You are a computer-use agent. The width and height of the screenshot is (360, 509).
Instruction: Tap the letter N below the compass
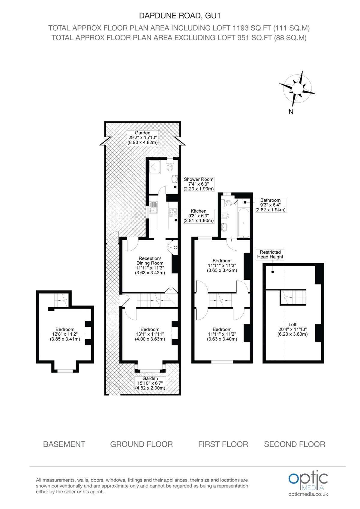point(291,112)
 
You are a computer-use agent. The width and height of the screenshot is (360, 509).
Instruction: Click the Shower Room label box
point(198,184)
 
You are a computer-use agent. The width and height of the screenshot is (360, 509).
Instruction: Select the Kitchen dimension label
point(198,216)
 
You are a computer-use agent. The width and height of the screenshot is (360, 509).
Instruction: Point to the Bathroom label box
point(270,205)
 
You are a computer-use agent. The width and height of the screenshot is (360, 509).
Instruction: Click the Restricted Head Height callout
point(270,255)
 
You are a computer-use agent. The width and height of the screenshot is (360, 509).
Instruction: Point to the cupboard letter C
point(175,248)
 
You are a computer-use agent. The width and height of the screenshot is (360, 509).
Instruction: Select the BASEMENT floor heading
point(64,444)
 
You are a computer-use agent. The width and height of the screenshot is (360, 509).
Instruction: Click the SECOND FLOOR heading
point(294,444)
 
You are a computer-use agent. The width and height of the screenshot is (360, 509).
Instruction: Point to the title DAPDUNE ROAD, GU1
point(179,16)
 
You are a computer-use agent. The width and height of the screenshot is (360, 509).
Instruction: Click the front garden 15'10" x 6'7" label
point(150,383)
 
